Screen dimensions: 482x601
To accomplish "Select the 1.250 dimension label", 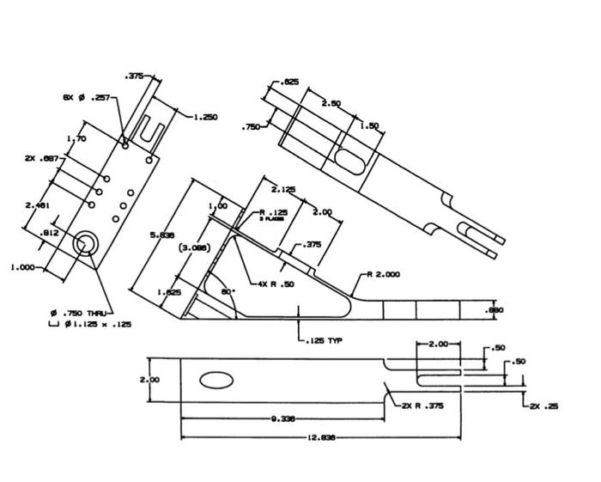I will [205, 117].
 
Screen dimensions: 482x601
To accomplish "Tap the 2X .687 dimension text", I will [41, 159].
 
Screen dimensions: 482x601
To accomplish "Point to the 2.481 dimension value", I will [37, 204].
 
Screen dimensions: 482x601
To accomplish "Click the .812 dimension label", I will [50, 233].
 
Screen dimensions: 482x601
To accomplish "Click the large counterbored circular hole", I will [86, 244].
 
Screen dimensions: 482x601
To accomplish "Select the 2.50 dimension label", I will [331, 103].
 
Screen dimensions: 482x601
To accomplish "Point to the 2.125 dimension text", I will [283, 189].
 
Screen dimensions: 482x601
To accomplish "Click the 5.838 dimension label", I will [161, 234].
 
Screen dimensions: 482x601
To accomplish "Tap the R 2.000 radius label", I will [383, 275].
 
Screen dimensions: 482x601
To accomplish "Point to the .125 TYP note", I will [325, 341].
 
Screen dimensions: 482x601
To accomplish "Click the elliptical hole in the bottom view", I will [216, 380].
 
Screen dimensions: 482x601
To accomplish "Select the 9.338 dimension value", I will [283, 419].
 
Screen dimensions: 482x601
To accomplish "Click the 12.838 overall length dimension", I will [321, 437].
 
